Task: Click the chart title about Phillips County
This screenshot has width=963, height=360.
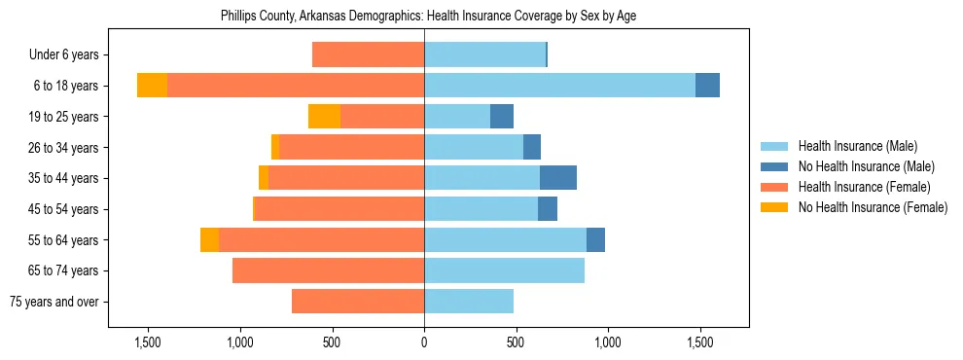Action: (x=428, y=17)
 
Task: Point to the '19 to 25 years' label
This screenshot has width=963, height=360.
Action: (x=63, y=117)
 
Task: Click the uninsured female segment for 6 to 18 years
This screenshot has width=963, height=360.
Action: (x=152, y=86)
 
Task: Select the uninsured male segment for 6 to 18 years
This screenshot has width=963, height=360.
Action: (x=707, y=86)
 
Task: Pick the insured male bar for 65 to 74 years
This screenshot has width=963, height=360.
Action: (x=504, y=270)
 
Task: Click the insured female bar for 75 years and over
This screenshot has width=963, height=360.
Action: (x=358, y=302)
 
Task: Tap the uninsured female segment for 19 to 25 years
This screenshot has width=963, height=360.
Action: (x=324, y=117)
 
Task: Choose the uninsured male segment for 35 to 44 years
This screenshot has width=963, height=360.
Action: (x=558, y=178)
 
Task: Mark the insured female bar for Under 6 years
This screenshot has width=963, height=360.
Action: (x=368, y=54)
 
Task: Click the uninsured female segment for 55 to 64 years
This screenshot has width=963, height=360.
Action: (x=209, y=239)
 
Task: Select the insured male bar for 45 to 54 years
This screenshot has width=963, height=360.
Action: (x=481, y=209)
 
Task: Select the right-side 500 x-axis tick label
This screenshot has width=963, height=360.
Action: (x=516, y=342)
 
